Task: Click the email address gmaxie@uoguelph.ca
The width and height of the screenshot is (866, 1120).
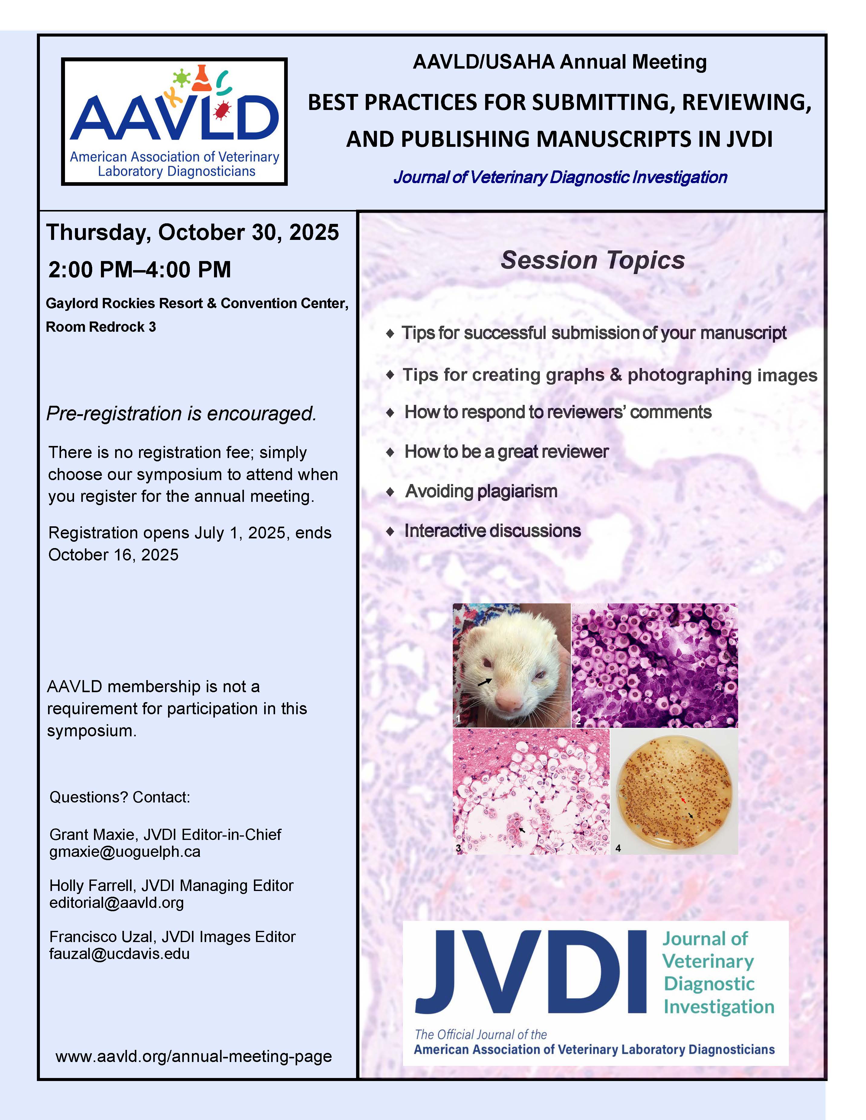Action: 125,852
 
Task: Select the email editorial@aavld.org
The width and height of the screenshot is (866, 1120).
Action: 116,902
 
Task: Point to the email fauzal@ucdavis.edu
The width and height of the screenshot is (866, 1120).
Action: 119,954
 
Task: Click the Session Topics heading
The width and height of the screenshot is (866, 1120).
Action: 592,260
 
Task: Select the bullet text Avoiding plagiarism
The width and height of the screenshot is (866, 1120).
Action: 481,491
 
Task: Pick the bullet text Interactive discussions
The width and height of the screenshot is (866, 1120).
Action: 492,531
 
